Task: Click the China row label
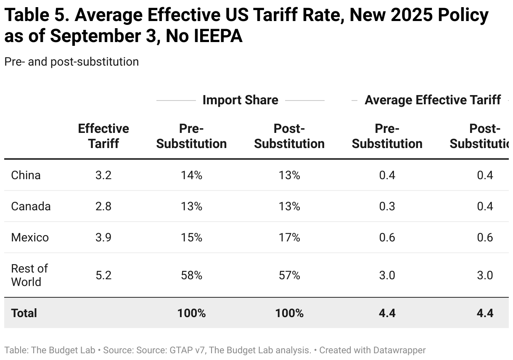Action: coord(26,175)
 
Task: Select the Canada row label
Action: coord(31,206)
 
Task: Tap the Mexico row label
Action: coord(30,237)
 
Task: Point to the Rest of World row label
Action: coord(29,275)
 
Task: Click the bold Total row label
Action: coord(24,313)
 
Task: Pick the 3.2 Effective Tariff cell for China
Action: coord(103,175)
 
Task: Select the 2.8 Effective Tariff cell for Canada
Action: coord(103,206)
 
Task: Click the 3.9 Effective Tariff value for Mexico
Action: coord(103,237)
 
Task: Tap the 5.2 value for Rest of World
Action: coord(103,275)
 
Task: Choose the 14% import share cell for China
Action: coord(191,175)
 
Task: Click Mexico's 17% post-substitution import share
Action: coord(289,237)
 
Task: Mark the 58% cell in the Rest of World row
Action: coord(191,275)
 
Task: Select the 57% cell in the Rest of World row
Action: coord(289,275)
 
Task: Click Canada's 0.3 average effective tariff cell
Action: coord(387,206)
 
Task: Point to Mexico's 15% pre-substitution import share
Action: coord(191,237)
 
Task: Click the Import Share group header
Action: coord(240,100)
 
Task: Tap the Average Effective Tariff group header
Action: coord(433,100)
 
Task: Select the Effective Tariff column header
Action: coord(103,136)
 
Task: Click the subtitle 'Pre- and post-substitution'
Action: coord(71,62)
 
